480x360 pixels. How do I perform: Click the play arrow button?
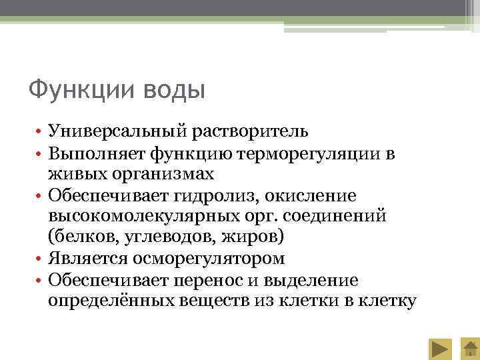tap(439, 348)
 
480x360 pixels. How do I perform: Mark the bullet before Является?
tap(40, 259)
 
